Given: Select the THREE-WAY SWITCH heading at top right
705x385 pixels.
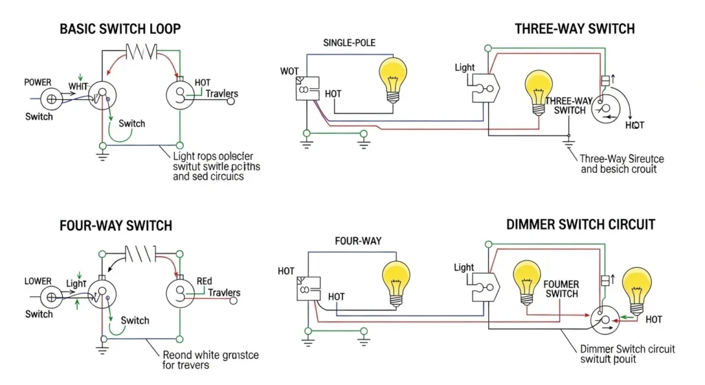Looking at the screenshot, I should tap(574, 28).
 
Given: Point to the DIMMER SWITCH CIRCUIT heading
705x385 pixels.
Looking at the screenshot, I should tap(580, 225).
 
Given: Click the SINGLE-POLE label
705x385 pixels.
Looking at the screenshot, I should tap(350, 43).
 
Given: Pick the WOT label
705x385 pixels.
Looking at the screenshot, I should tap(289, 72).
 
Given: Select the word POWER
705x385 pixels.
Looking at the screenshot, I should tap(37, 82).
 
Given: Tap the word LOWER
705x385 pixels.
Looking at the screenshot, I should tap(38, 281).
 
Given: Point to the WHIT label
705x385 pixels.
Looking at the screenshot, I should tap(79, 86).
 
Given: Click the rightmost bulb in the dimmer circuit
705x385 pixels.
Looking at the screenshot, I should tap(636, 288).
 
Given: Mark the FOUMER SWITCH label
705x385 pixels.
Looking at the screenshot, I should tap(560, 289).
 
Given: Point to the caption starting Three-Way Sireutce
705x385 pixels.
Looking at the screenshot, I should tap(622, 164).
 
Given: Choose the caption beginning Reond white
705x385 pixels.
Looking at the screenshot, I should tap(210, 360).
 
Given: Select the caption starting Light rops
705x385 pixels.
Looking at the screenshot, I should tap(216, 167).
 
